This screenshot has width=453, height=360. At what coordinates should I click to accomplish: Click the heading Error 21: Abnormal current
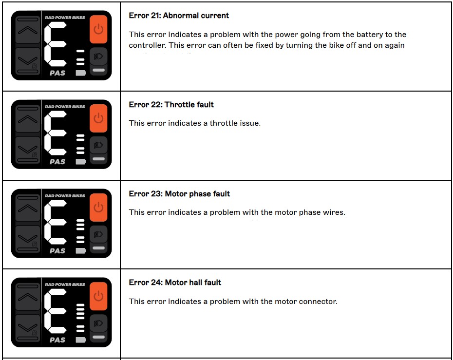pyautogui.click(x=179, y=16)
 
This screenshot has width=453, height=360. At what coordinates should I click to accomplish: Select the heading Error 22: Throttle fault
pyautogui.click(x=171, y=105)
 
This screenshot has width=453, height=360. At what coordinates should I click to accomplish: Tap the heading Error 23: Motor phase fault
pyautogui.click(x=179, y=194)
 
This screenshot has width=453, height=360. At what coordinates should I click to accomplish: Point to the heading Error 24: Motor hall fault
pyautogui.click(x=175, y=283)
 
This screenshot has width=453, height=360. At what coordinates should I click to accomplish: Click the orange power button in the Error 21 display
pyautogui.click(x=98, y=29)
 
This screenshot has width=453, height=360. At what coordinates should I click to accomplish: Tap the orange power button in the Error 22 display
pyautogui.click(x=98, y=118)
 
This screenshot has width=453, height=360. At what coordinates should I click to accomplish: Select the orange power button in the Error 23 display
pyautogui.click(x=98, y=208)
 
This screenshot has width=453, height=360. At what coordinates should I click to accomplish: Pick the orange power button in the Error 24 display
pyautogui.click(x=98, y=296)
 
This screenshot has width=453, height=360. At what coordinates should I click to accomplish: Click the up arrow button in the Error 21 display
pyautogui.click(x=28, y=31)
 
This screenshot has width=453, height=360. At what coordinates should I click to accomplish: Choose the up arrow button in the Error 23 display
pyautogui.click(x=28, y=209)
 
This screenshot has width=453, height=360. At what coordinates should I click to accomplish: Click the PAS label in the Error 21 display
pyautogui.click(x=57, y=73)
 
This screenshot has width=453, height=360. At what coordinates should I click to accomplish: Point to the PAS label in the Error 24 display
pyautogui.click(x=57, y=340)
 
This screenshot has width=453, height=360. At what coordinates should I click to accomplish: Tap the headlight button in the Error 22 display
pyautogui.click(x=98, y=145)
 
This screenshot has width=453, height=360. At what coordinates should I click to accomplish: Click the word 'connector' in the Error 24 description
pyautogui.click(x=319, y=302)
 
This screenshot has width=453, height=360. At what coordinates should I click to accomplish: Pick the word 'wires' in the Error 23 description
pyautogui.click(x=334, y=212)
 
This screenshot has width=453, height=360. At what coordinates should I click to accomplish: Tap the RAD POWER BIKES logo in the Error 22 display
pyautogui.click(x=65, y=107)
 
